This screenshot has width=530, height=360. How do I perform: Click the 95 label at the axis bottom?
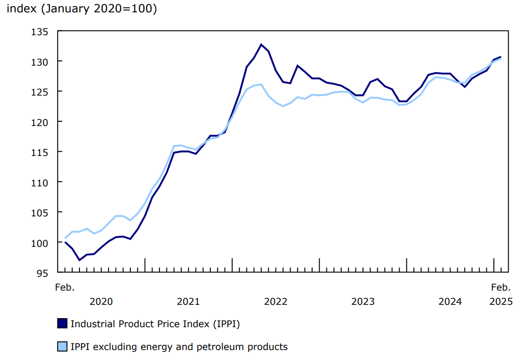click(42, 272)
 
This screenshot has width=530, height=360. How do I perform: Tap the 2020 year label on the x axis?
click(101, 302)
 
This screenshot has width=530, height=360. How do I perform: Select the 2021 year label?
click(188, 302)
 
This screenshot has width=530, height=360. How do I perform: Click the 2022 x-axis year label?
click(275, 302)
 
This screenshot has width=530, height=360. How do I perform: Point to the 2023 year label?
click(363, 302)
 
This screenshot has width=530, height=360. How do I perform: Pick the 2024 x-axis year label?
click(450, 302)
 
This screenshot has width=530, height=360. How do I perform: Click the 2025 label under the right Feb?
click(501, 302)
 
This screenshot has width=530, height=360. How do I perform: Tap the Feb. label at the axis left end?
click(65, 287)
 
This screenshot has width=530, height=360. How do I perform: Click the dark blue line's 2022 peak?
click(261, 44)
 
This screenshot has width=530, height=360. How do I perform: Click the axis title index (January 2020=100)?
click(81, 9)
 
